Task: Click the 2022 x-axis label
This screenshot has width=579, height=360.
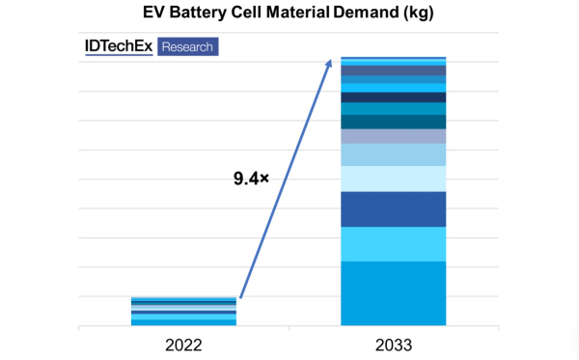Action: click(x=183, y=346)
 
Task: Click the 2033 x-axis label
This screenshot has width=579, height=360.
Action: click(x=394, y=346)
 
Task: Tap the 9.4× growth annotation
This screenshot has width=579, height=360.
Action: click(x=251, y=179)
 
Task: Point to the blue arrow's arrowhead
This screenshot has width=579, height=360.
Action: click(x=328, y=63)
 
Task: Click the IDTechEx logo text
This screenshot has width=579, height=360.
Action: click(x=119, y=46)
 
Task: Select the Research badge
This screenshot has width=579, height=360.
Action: click(x=187, y=47)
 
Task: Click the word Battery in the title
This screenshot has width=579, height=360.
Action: click(x=198, y=13)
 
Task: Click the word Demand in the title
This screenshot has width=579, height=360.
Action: click(x=366, y=13)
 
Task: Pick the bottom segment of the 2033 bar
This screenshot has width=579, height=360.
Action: click(x=394, y=293)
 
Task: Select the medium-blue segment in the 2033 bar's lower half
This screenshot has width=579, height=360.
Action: click(x=394, y=209)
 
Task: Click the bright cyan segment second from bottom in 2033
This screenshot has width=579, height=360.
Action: click(x=394, y=244)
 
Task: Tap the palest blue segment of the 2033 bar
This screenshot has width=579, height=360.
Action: click(x=394, y=180)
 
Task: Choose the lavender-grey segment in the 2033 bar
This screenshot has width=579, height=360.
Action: click(x=394, y=137)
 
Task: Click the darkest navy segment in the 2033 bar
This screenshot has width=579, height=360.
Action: click(x=394, y=97)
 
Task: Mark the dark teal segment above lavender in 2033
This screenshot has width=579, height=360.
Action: click(x=394, y=123)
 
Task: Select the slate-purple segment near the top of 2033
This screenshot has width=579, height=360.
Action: click(x=394, y=70)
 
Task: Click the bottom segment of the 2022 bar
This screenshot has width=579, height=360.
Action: click(x=183, y=322)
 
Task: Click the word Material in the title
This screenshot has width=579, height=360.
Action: click(x=297, y=13)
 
